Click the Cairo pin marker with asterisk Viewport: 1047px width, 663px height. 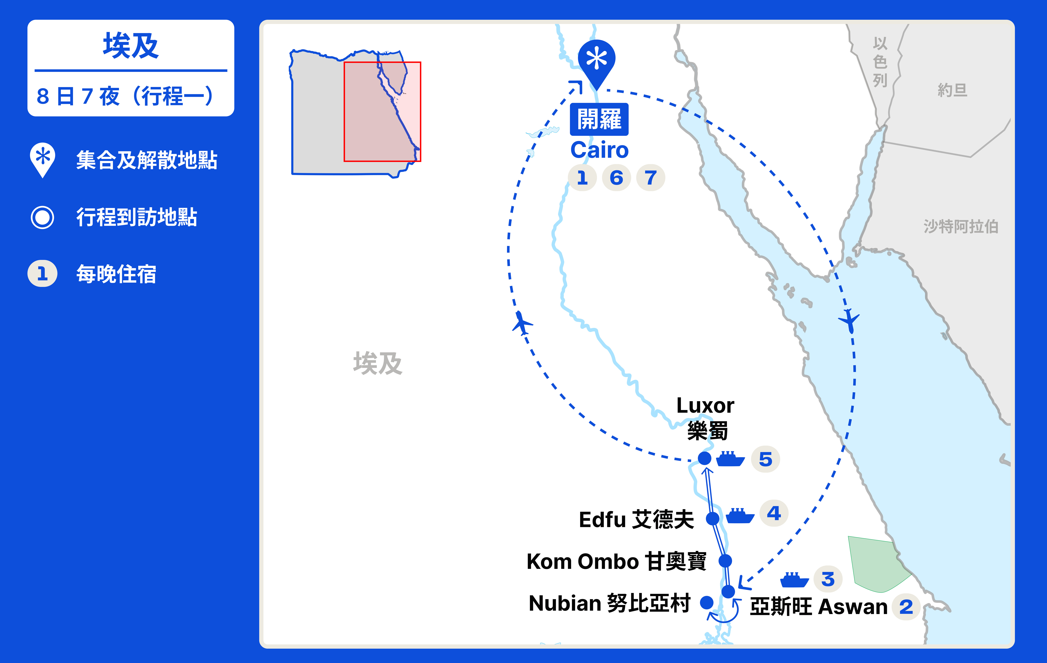[597, 60]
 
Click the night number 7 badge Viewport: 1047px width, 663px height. [650, 177]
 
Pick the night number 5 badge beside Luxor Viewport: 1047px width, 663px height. [766, 459]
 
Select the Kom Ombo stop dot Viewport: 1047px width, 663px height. [725, 561]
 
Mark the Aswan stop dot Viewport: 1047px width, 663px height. [728, 591]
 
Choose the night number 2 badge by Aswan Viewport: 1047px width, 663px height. [906, 607]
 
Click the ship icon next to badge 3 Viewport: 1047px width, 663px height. [794, 580]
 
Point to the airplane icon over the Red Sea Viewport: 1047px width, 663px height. [849, 321]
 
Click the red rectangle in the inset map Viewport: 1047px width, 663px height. [382, 112]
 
